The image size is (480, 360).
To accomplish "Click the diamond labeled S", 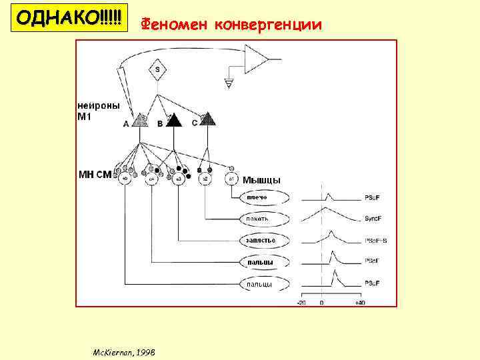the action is pos(157,69).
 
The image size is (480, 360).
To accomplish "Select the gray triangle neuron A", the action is pos(140,120).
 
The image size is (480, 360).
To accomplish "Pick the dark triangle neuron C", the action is pos(208,119).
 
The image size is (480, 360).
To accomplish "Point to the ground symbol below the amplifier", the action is pos(230,83).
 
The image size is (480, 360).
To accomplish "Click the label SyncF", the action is pos(372,219).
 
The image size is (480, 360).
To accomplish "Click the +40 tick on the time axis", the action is pos(360,303).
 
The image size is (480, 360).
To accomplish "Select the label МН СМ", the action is pos(95,175).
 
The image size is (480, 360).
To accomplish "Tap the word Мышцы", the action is pos(261,180).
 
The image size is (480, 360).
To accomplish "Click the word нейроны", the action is pos(99,105).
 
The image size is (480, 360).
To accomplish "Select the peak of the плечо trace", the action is pos(327,195).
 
